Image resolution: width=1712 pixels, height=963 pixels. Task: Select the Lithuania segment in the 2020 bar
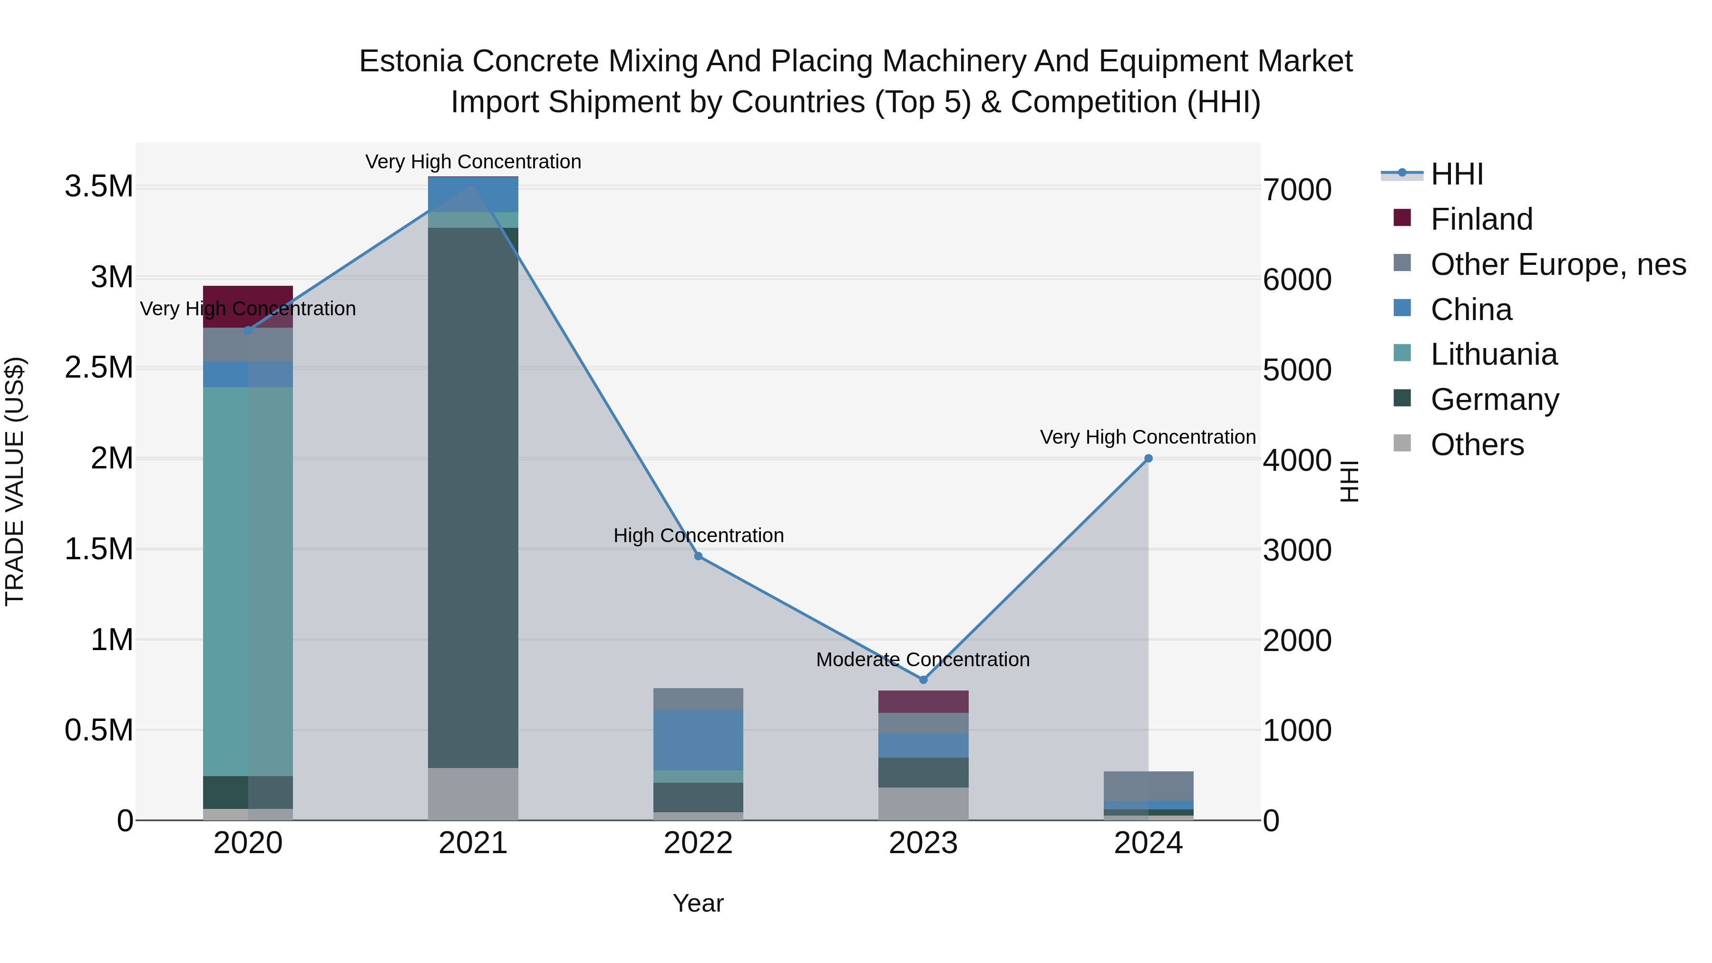coord(248,582)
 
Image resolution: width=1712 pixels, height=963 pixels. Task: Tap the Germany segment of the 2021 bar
coord(473,497)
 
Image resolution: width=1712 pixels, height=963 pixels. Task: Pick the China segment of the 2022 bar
coord(698,739)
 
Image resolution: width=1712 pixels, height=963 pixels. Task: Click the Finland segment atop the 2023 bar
coord(923,701)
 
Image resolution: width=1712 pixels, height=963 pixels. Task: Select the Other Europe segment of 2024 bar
coord(1148,786)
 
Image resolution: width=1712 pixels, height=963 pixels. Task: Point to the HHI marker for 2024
coord(1148,458)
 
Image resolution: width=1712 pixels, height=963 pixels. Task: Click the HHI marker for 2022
coord(698,556)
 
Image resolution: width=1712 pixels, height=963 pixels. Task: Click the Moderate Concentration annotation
coord(923,660)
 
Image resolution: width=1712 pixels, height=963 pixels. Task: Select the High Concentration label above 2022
coord(698,535)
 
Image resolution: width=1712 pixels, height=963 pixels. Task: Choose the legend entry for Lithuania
coord(1493,354)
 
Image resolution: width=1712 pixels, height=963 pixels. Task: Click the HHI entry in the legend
coord(1456,174)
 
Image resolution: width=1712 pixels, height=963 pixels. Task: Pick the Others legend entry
coord(1477,445)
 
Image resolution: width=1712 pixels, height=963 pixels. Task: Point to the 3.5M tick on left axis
coord(98,187)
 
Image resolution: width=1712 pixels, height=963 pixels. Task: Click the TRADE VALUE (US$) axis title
coord(15,481)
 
